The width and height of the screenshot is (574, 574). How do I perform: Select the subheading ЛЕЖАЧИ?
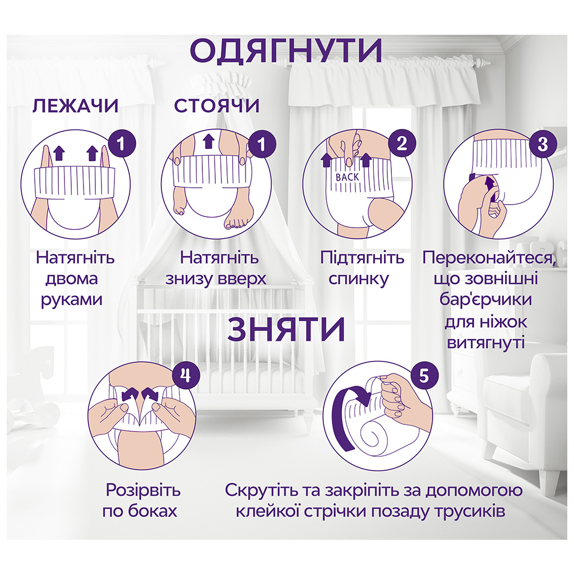pyautogui.click(x=75, y=106)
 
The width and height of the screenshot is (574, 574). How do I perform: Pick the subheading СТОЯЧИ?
pyautogui.click(x=217, y=106)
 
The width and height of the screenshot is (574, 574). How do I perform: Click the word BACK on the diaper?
pyautogui.click(x=349, y=177)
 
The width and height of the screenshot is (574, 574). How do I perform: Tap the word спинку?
pyautogui.click(x=362, y=279)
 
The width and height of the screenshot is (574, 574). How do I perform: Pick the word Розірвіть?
pyautogui.click(x=143, y=490)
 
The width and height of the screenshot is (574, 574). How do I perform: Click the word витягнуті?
pyautogui.click(x=486, y=342)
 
